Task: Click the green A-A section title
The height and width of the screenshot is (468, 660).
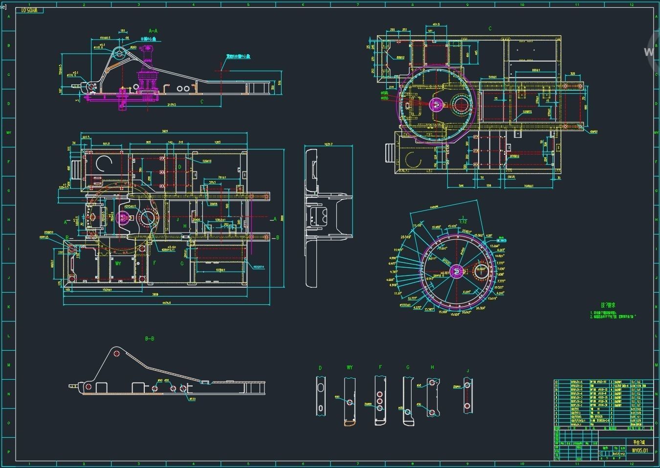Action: (153, 31)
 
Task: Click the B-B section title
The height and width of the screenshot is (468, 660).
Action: (150, 339)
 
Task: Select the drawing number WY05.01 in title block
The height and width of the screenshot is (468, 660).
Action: (639, 450)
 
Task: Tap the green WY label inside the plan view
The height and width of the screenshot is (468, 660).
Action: (118, 263)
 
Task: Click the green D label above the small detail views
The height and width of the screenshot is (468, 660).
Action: (320, 368)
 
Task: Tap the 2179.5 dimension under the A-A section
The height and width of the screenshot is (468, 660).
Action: (172, 105)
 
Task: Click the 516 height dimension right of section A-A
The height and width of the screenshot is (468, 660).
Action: (280, 83)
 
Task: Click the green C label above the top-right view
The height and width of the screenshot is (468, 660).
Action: (490, 29)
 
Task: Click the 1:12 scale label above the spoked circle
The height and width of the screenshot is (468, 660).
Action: (462, 222)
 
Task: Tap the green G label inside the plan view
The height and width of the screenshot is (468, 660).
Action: (182, 263)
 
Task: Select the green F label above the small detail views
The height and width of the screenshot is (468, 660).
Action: (380, 367)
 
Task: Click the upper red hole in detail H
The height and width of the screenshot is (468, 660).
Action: (431, 384)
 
